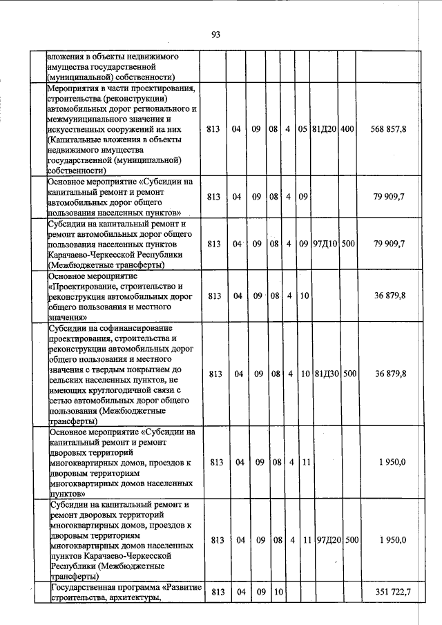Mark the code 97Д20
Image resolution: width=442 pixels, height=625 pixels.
[327, 539]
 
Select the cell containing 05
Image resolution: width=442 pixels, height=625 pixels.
[302, 129]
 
